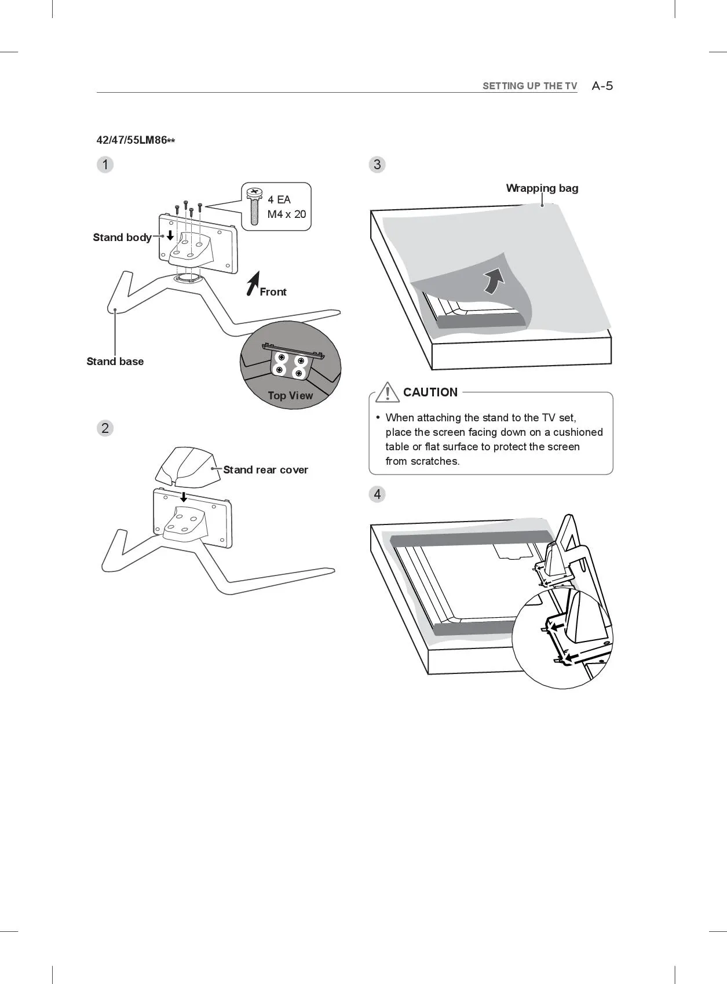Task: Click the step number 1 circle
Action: (105, 165)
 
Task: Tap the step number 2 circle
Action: (105, 428)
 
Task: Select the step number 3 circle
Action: (377, 165)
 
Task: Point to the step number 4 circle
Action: (377, 494)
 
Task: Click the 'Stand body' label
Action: (122, 238)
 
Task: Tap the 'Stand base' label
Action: (115, 362)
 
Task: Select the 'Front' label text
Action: (273, 292)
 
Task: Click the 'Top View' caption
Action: (290, 396)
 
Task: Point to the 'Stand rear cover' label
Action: (265, 470)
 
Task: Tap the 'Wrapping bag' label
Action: (542, 188)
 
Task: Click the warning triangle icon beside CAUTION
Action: (386, 392)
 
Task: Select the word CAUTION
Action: (430, 392)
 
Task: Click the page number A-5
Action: (602, 86)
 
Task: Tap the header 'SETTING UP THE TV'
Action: (529, 86)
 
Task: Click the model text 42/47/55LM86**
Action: (136, 140)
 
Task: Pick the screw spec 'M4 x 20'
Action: (286, 214)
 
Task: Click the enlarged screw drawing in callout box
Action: (254, 206)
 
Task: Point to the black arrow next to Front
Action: (253, 283)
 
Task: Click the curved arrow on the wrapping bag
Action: (494, 280)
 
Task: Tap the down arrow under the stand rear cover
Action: (184, 497)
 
